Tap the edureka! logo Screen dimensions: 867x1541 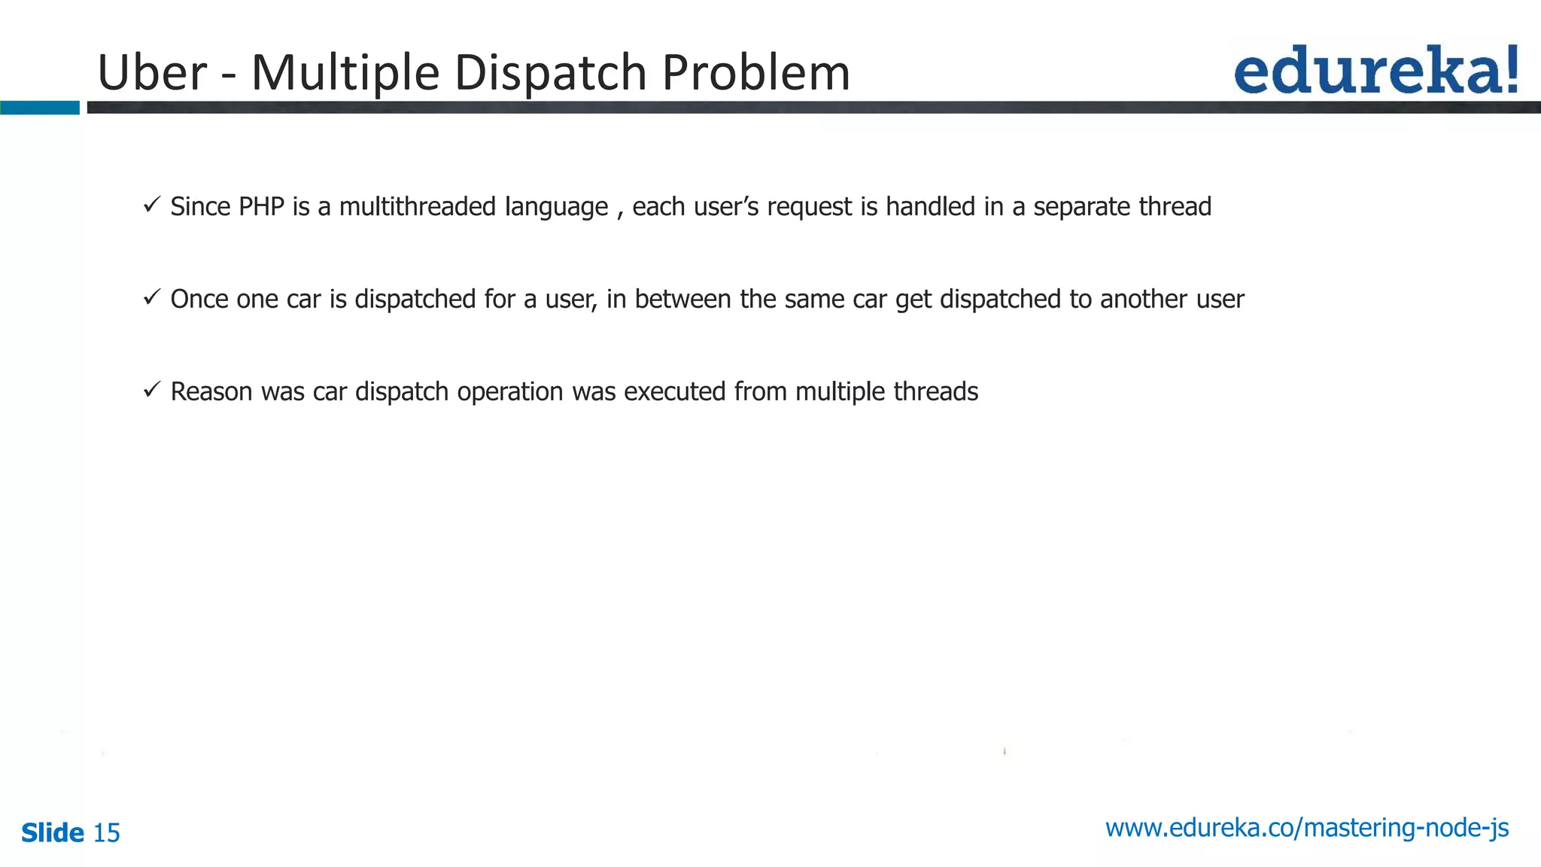[x=1375, y=70]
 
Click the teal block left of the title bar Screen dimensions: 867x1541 [x=39, y=108]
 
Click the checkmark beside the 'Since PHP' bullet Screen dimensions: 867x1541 [x=151, y=204]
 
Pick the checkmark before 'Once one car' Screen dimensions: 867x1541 [x=151, y=297]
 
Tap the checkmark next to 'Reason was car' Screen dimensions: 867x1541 [x=151, y=389]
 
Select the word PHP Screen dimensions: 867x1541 [x=261, y=206]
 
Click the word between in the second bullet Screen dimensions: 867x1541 [x=682, y=299]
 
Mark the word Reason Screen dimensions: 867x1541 [x=211, y=391]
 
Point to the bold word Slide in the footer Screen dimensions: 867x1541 [x=53, y=833]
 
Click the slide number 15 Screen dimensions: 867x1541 [x=106, y=833]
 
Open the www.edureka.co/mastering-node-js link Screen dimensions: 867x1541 [x=1306, y=828]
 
